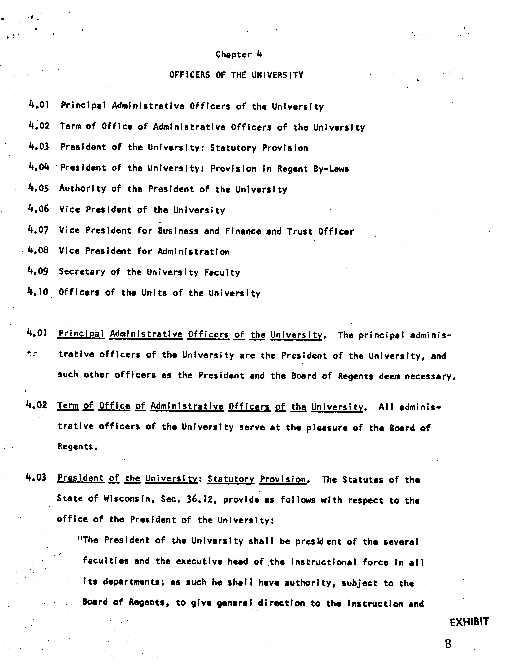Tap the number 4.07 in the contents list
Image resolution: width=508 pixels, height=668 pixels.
click(38, 230)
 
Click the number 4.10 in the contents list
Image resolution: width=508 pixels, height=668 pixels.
click(38, 292)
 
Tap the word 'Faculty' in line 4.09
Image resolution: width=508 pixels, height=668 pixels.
click(222, 272)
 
